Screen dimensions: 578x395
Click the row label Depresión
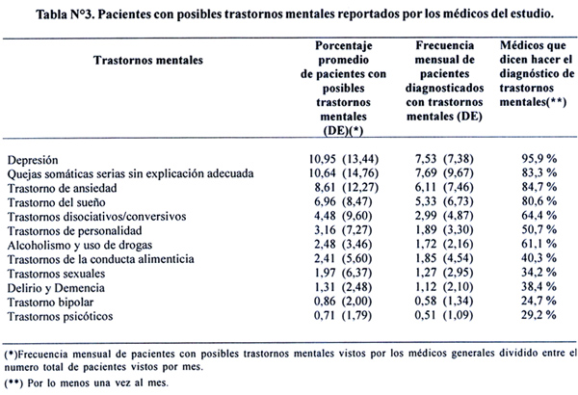click(33, 160)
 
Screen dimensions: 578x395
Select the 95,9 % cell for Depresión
click(539, 159)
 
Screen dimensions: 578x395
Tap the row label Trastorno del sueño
click(57, 202)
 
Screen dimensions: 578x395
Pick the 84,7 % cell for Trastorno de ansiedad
click(539, 187)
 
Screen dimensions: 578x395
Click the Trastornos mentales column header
click(147, 60)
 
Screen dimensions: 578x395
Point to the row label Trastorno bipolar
click(50, 303)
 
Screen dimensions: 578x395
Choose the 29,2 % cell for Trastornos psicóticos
click(539, 315)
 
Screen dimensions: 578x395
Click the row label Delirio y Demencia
click(56, 288)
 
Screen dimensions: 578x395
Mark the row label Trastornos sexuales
click(56, 274)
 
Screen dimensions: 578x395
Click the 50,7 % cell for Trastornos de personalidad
click(539, 229)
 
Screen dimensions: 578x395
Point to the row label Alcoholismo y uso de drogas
click(80, 246)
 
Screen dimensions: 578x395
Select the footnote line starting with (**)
click(87, 382)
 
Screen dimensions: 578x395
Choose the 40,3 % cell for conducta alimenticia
click(539, 258)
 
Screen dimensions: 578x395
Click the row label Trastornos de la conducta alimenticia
click(100, 259)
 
